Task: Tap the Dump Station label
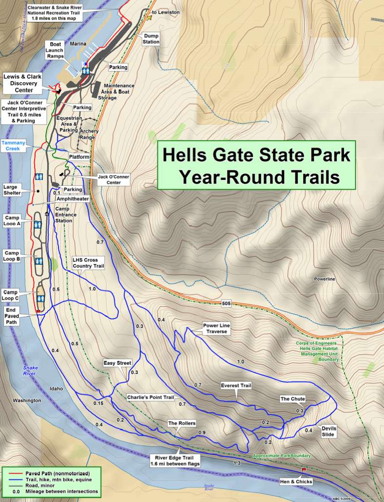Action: tap(151, 39)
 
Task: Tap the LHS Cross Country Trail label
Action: tap(88, 263)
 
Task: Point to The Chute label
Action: tap(292, 399)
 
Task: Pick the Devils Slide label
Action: tap(328, 431)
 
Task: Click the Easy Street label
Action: tap(117, 363)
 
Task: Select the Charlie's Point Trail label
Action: tap(150, 397)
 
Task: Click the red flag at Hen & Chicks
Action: tap(304, 470)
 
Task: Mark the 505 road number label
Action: tap(226, 304)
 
